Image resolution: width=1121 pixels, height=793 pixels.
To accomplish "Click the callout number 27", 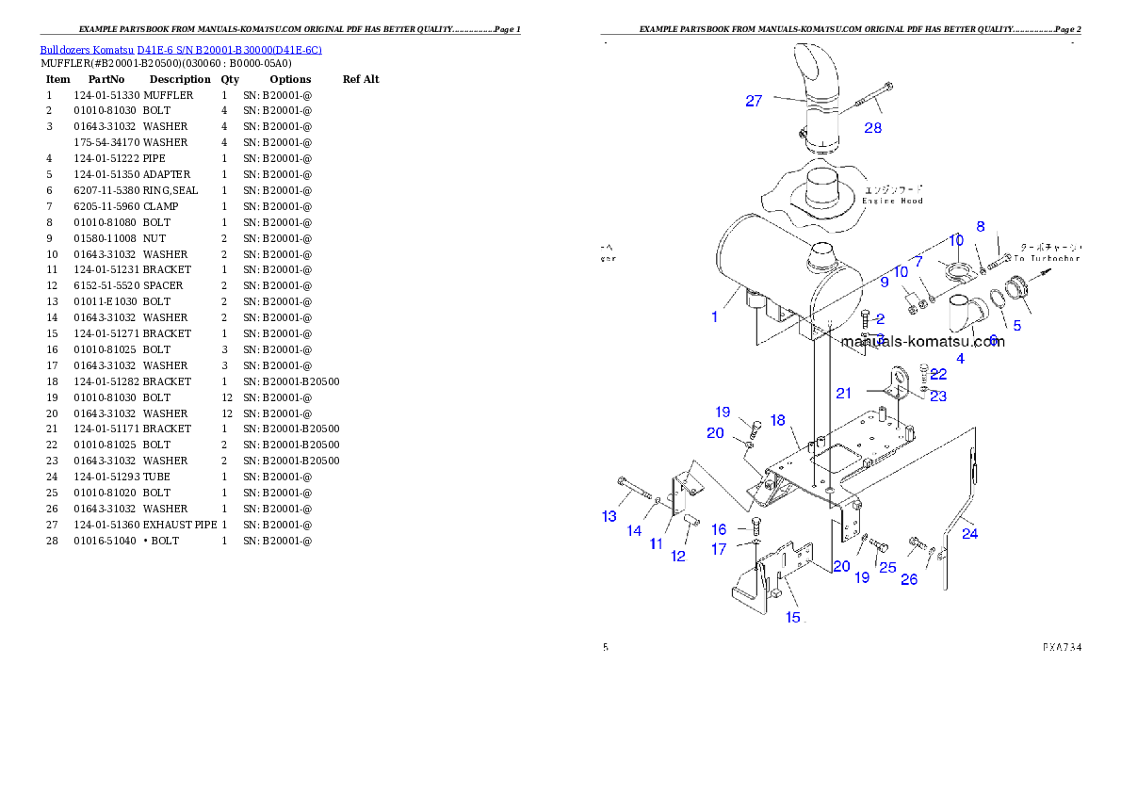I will click(x=754, y=101).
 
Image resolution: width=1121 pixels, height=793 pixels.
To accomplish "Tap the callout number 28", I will click(x=873, y=128).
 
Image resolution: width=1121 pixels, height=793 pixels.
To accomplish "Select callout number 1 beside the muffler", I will click(x=715, y=316).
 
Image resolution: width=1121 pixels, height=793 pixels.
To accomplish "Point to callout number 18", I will click(x=777, y=420).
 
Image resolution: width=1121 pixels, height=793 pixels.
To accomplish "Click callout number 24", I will click(x=969, y=534).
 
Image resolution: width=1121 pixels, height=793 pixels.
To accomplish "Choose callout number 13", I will click(x=609, y=515).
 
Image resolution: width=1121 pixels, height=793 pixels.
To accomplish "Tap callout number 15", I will click(x=793, y=617).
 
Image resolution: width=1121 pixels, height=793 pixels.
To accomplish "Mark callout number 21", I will click(x=843, y=393).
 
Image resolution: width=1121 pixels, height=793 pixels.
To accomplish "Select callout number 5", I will click(x=1016, y=326).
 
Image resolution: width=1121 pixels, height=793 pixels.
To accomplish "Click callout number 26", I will click(x=908, y=579).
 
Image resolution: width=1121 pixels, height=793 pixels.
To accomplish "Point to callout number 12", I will click(x=678, y=556).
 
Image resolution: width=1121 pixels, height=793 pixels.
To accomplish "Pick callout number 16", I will click(x=719, y=529).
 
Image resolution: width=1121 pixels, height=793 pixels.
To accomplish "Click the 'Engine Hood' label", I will click(x=893, y=201).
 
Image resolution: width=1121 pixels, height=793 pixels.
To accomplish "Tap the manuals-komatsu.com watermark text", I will click(x=922, y=341).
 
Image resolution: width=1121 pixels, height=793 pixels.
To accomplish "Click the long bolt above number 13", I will click(x=636, y=490).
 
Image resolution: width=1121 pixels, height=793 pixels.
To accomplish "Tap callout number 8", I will click(x=981, y=226).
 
